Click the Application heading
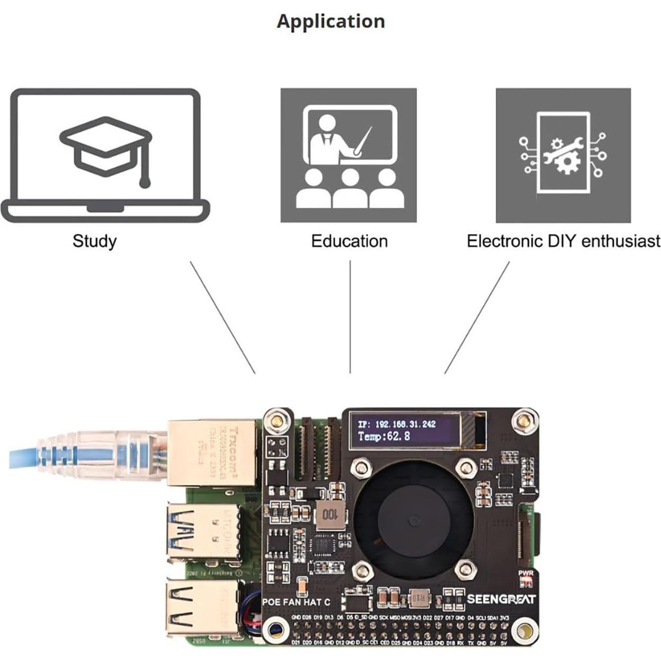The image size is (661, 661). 330,21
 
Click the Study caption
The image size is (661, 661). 94,241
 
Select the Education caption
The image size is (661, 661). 349,241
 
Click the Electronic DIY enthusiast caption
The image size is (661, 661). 563,241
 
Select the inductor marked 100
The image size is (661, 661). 329,514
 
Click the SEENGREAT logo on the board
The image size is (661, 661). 501,599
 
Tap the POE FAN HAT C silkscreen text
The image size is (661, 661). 295,602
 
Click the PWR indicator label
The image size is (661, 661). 525,573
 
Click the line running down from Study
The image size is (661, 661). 223,317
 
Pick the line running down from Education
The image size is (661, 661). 350,317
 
